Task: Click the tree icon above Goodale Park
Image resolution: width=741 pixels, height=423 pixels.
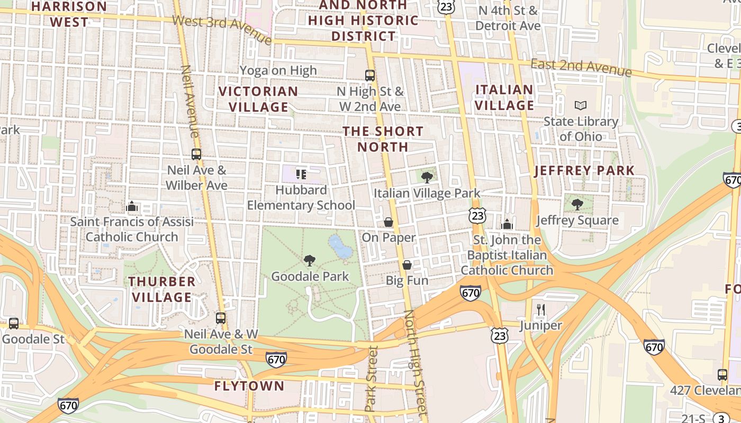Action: coord(310,260)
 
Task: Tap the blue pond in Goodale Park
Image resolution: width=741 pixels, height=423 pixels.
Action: coord(340,247)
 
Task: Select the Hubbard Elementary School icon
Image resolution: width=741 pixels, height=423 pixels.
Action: coord(301,174)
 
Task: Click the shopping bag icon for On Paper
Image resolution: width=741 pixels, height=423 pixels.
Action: coord(388,222)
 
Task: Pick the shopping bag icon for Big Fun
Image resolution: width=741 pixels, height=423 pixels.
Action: coord(407,264)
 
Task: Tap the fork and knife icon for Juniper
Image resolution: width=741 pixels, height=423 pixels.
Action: coord(540,309)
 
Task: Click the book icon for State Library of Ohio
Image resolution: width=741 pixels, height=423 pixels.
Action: coord(581,106)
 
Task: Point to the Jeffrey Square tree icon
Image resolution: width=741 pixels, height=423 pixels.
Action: coord(577,205)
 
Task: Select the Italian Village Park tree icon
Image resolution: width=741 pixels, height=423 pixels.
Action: coord(427,178)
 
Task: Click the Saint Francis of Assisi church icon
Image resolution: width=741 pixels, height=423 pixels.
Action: coord(132,206)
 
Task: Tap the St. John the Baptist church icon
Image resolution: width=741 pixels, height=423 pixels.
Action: coord(507,224)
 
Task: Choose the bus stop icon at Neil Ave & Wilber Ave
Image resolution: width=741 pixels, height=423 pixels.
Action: coord(196,154)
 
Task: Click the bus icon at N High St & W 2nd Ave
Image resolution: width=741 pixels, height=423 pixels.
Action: coord(370,76)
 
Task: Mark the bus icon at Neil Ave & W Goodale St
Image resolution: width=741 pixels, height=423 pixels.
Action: coord(221,318)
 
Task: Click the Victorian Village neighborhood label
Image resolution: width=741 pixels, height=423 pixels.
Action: coord(258,99)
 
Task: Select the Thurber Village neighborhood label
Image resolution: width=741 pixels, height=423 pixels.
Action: coord(162,289)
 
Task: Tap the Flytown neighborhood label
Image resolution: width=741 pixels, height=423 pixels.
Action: coord(249,386)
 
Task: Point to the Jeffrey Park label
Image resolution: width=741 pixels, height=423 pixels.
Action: coord(584,171)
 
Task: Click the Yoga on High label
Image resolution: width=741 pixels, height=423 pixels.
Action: coord(278,70)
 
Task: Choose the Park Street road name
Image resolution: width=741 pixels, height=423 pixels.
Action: coord(372,378)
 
